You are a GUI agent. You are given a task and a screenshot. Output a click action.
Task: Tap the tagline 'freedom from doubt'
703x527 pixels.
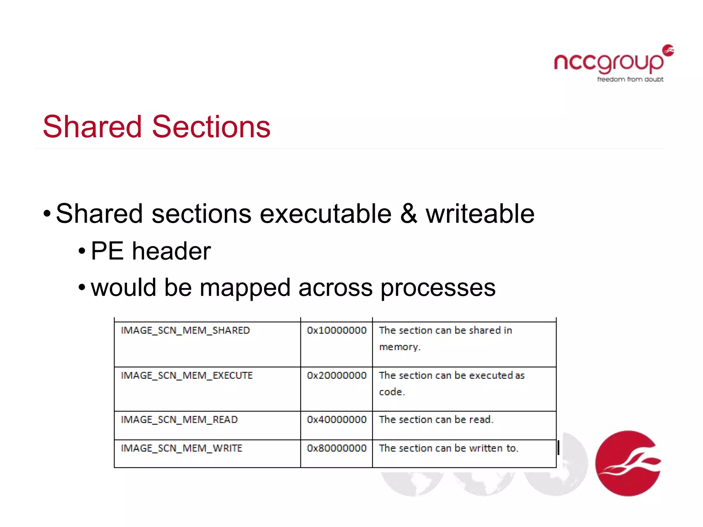630,79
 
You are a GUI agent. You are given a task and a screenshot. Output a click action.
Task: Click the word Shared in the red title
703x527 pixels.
92,127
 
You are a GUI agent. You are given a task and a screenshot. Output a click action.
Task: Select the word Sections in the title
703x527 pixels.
211,127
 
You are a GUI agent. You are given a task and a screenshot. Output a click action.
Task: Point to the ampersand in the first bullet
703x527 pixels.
408,213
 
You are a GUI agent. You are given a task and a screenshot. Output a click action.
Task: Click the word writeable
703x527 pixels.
480,213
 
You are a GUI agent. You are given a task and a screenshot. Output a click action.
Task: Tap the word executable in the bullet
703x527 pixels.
325,213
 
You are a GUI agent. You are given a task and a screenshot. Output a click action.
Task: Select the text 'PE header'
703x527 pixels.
151,251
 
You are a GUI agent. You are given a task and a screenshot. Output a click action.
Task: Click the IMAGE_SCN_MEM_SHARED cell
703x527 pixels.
185,330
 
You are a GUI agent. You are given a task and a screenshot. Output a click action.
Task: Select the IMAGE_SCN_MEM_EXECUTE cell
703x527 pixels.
187,375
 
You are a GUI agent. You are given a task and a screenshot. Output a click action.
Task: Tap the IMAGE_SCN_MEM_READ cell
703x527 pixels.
179,420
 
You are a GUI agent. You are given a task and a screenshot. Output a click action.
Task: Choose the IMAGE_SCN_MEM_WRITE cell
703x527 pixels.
182,448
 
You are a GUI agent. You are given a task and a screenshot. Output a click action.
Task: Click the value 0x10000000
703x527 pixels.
336,330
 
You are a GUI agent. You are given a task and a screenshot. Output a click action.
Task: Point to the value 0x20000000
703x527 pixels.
336,375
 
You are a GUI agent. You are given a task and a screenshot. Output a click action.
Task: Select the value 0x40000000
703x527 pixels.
336,420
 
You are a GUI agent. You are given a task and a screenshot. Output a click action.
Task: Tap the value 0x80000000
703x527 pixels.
336,448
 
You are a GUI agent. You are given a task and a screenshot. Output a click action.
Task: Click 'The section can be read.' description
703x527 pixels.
436,420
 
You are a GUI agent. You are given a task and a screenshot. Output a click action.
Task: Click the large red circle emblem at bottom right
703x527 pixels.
628,463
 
